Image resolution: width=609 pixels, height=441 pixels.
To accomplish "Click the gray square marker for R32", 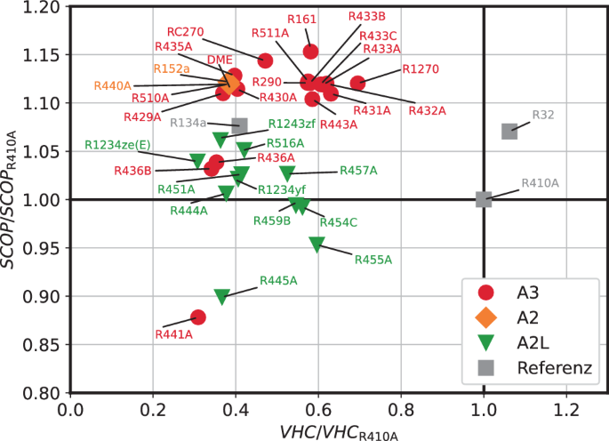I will (509, 132).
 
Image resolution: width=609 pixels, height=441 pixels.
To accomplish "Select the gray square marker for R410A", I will (484, 199).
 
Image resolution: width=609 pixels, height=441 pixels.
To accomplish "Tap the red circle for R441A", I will (198, 317).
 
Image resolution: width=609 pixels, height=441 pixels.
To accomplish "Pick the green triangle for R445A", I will (222, 297).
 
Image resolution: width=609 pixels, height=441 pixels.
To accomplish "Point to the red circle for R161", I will (310, 52).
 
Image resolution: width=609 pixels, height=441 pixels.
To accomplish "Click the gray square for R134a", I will (239, 126).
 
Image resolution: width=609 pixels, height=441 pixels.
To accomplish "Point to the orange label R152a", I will (172, 68).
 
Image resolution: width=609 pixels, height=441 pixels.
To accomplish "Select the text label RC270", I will (185, 32).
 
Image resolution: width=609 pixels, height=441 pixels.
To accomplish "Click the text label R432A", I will (427, 110).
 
